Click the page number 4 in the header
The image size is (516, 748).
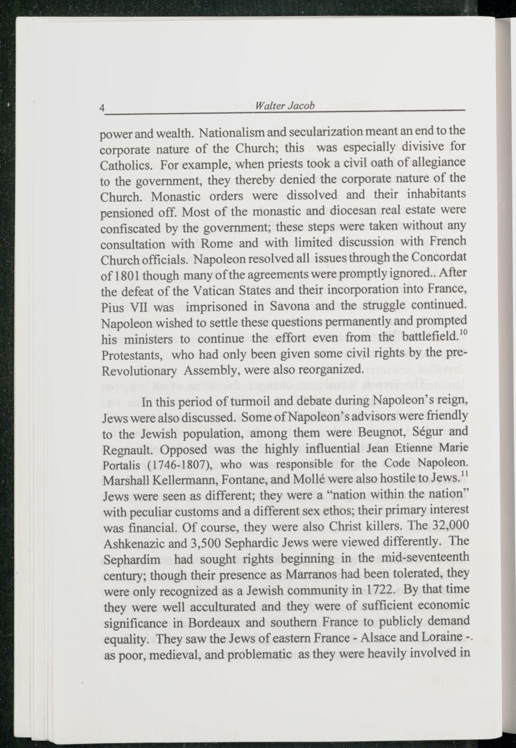pos(102,108)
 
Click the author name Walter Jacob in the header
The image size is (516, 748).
pos(285,106)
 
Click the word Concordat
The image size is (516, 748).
pos(440,256)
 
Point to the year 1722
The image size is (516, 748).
pos(381,590)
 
